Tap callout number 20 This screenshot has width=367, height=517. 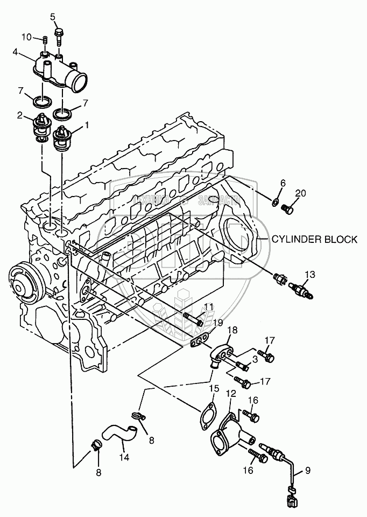point(300,193)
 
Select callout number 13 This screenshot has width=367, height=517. point(307,274)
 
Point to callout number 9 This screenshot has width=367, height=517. point(308,470)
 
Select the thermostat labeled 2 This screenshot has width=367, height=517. point(42,127)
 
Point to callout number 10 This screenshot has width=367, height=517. point(27,37)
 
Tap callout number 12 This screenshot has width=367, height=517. point(231,394)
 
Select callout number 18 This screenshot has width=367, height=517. point(231,330)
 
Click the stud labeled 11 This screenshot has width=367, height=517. point(193,318)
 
